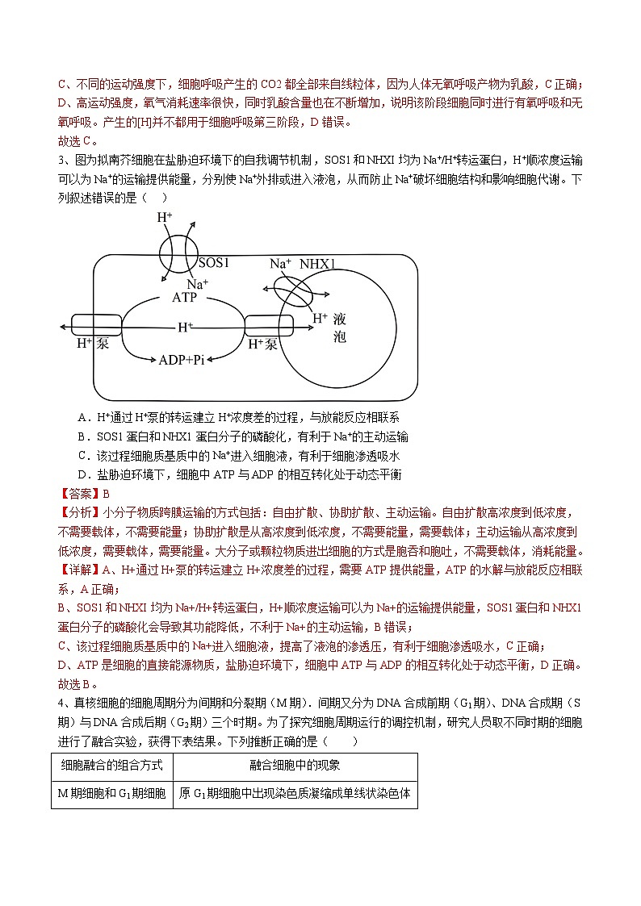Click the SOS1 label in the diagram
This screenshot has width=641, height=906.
[215, 263]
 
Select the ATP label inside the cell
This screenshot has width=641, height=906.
[185, 297]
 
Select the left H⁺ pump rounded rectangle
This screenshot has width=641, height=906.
[96, 325]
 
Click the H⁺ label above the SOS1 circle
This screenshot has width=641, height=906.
[165, 217]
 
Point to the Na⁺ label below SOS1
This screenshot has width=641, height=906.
[197, 283]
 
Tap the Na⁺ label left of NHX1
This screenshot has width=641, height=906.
[279, 264]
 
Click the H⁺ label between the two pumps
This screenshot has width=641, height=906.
[186, 327]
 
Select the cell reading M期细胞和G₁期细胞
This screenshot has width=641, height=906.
[112, 793]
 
